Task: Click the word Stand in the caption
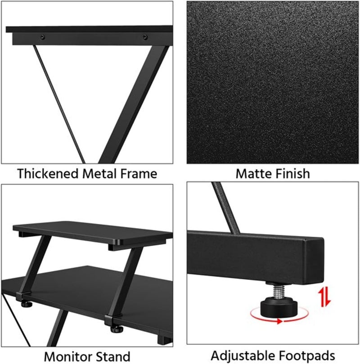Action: [x=114, y=355]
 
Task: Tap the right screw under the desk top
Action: [x=145, y=36]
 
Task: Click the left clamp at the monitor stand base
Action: [x=21, y=297]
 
